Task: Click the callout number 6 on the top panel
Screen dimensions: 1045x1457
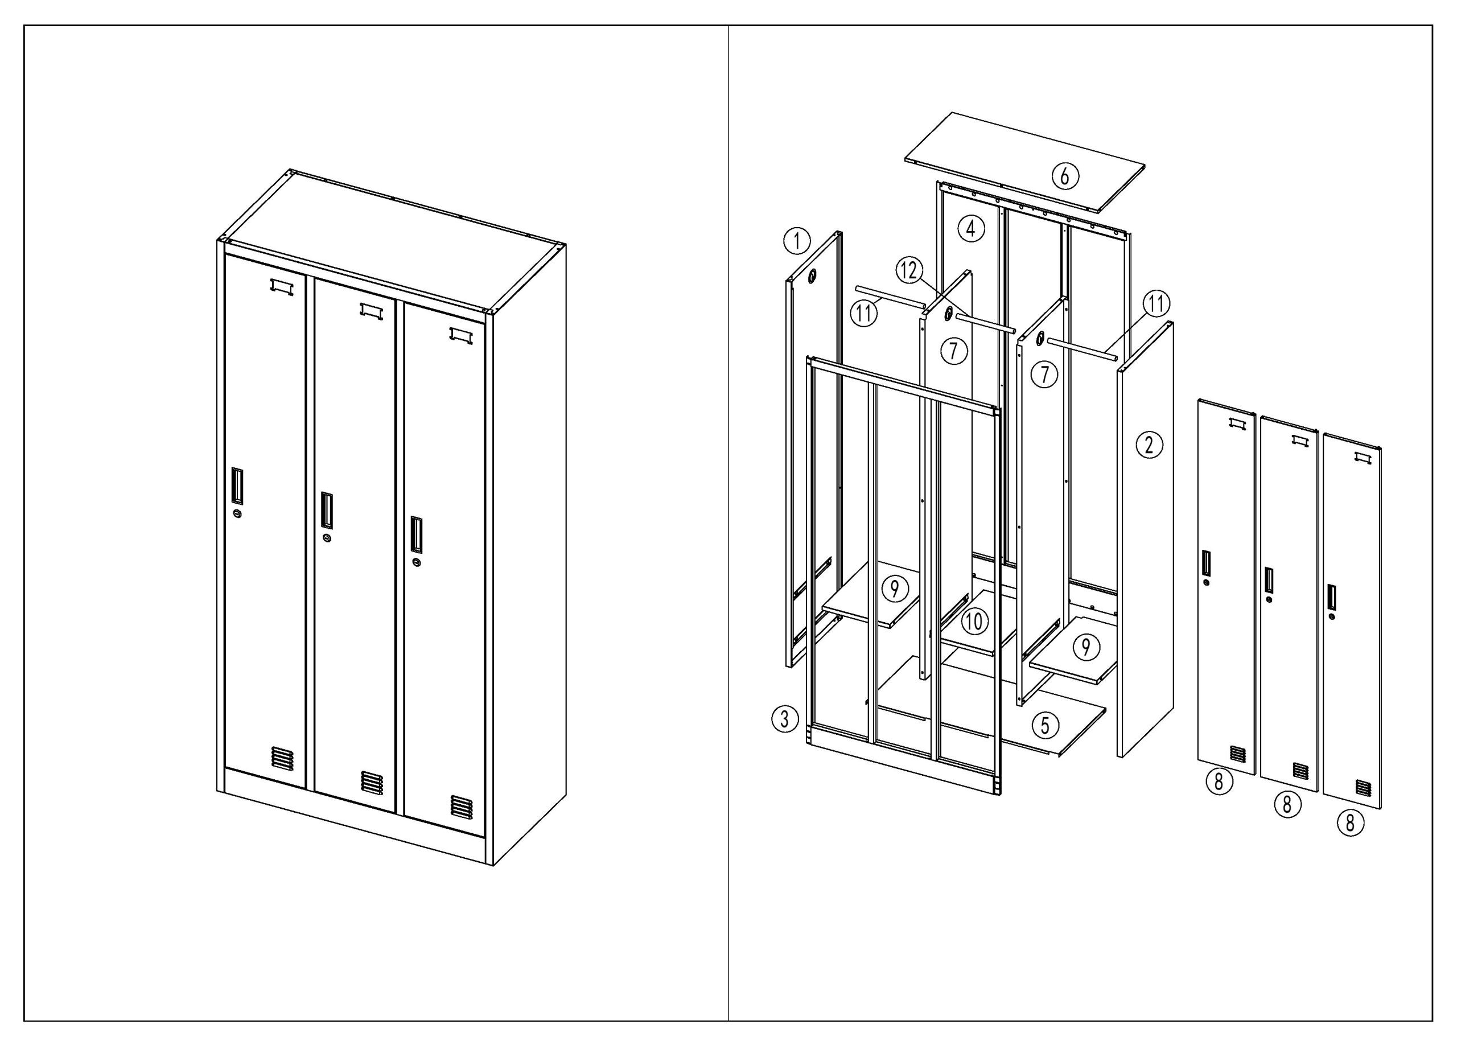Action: (x=1064, y=175)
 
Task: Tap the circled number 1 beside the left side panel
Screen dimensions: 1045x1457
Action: (x=797, y=242)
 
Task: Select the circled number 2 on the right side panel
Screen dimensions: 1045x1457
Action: (x=1149, y=445)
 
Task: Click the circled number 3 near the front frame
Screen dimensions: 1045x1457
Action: (x=784, y=719)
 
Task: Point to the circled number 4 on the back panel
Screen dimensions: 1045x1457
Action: (x=971, y=228)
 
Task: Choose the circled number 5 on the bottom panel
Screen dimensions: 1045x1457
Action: (x=1045, y=725)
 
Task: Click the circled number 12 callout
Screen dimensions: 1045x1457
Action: (x=909, y=270)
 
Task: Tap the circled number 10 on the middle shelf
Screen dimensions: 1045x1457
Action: (x=974, y=620)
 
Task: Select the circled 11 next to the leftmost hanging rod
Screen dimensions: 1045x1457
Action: (x=864, y=314)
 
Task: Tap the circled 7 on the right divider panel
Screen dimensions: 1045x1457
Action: (x=1044, y=374)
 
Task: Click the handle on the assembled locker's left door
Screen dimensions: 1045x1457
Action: (x=237, y=485)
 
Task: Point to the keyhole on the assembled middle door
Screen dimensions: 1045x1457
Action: (x=328, y=538)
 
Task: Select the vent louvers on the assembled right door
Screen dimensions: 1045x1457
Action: (x=461, y=807)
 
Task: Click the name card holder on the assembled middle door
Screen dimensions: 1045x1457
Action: (x=371, y=311)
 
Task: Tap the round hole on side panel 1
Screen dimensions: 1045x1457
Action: (x=813, y=276)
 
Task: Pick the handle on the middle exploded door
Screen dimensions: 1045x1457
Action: (x=1269, y=579)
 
